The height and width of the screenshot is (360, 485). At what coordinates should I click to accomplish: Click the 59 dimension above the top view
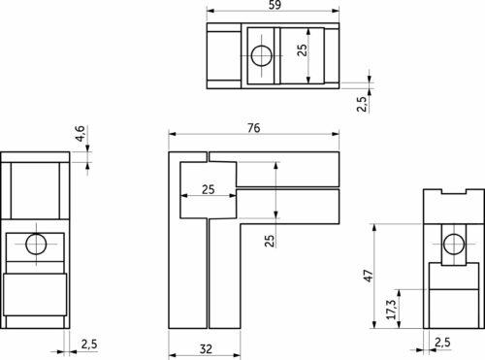(275, 6)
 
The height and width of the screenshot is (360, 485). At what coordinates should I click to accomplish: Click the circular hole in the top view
(260, 54)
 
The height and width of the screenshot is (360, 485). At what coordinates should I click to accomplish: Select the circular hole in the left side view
(36, 245)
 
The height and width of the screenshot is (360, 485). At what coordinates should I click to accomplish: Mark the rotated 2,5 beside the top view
(362, 103)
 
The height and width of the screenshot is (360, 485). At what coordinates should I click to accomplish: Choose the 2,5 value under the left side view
(88, 344)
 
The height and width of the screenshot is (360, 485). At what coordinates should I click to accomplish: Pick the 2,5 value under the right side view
(442, 342)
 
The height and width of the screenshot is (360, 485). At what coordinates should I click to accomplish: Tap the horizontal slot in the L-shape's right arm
(289, 188)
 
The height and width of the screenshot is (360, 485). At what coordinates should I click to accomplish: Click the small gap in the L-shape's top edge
(208, 155)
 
